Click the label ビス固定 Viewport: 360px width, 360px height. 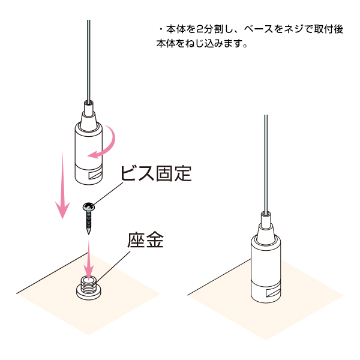click(156, 173)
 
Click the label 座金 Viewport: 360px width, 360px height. click(146, 240)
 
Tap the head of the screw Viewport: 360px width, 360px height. click(88, 206)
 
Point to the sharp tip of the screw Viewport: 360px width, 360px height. click(89, 234)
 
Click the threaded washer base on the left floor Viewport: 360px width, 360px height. click(89, 288)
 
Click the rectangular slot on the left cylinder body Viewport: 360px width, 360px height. click(95, 175)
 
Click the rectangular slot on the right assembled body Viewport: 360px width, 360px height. click(273, 292)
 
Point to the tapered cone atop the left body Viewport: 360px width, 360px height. click(88, 121)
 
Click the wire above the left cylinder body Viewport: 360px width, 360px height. click(89, 61)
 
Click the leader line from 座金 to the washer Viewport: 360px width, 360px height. click(113, 266)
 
